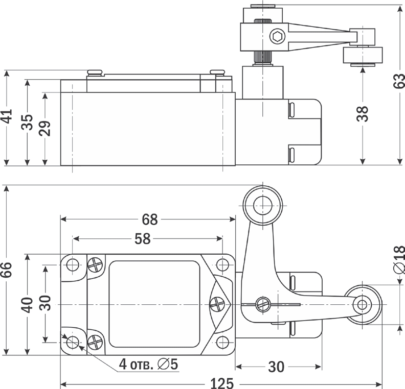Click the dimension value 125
tap(221, 382)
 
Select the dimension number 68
tap(150, 220)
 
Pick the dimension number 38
tap(362, 115)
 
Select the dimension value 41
tap(7, 117)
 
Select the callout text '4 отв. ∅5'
tap(148, 364)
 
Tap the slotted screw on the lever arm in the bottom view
tap(264, 304)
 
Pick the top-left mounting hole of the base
tap(73, 265)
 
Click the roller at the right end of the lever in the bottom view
tap(363, 305)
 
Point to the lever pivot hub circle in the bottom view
tap(262, 205)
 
